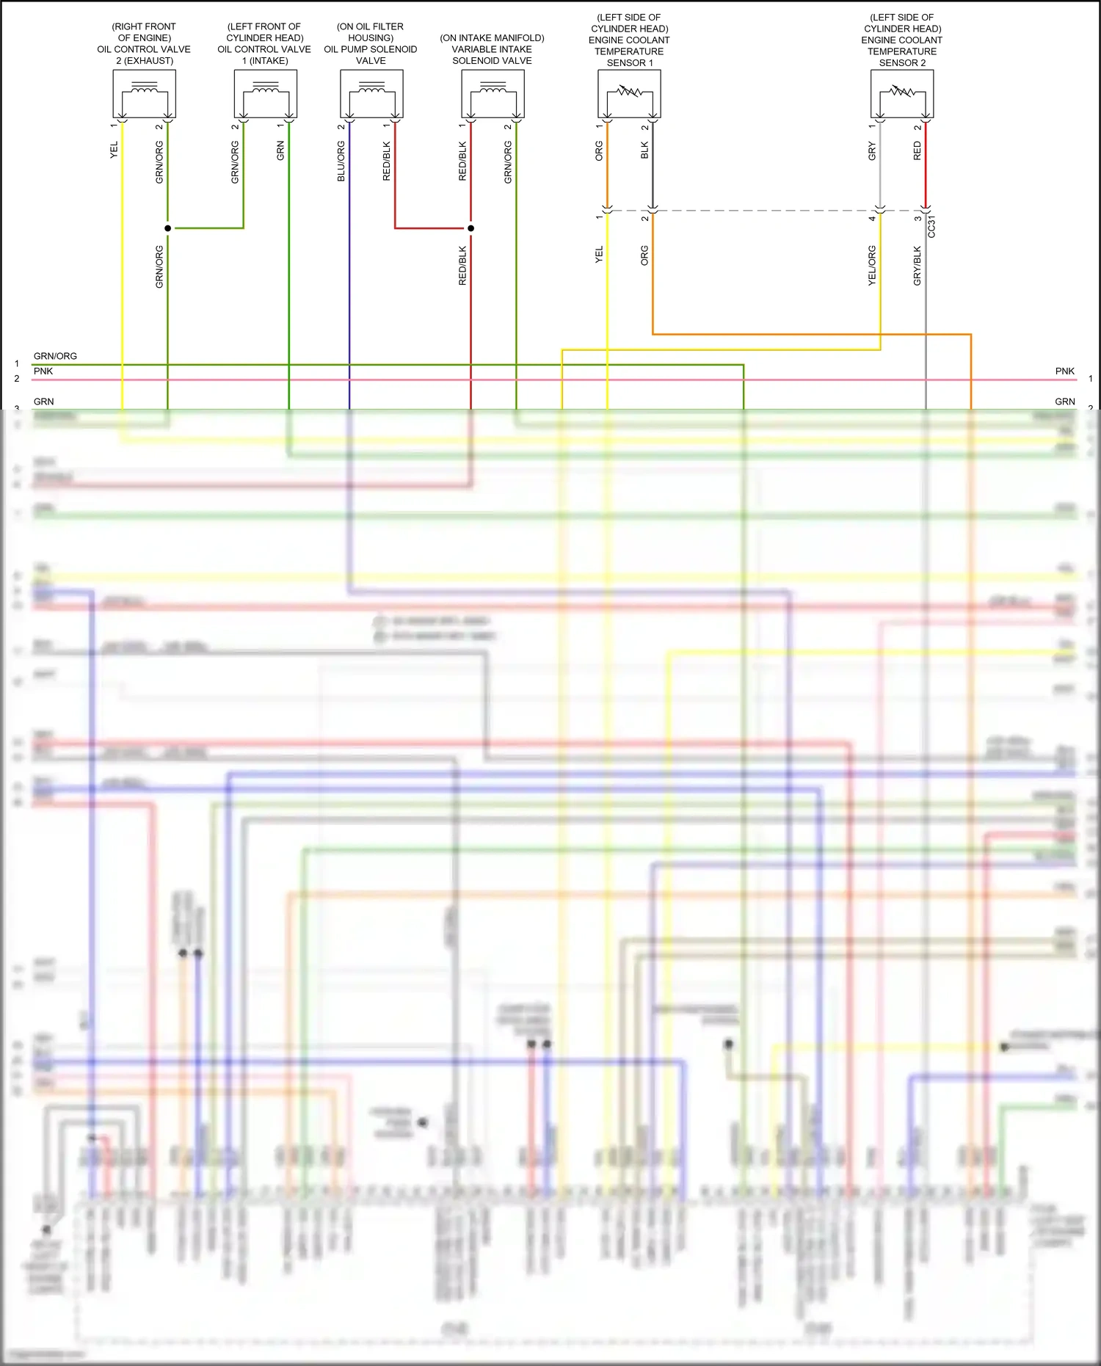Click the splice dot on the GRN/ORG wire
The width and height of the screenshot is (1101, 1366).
click(168, 228)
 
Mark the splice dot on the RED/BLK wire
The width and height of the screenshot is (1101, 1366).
click(471, 228)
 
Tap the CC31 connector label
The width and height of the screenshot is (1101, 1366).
click(931, 227)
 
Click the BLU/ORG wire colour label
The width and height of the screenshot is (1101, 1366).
click(341, 161)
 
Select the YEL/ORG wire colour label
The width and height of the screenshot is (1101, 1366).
click(872, 266)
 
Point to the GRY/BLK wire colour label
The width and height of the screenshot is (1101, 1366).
click(917, 266)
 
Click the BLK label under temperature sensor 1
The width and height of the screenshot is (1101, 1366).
click(644, 150)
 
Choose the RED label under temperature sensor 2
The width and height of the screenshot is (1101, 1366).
click(917, 151)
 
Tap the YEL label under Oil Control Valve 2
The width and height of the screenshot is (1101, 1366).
click(114, 150)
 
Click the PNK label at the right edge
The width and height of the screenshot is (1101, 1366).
click(1064, 371)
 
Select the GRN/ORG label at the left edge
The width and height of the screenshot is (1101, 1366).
click(55, 356)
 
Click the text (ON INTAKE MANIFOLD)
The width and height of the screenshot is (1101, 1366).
click(492, 38)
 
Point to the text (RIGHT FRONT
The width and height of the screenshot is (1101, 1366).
click(144, 26)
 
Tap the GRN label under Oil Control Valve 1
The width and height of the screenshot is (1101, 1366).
click(280, 151)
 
